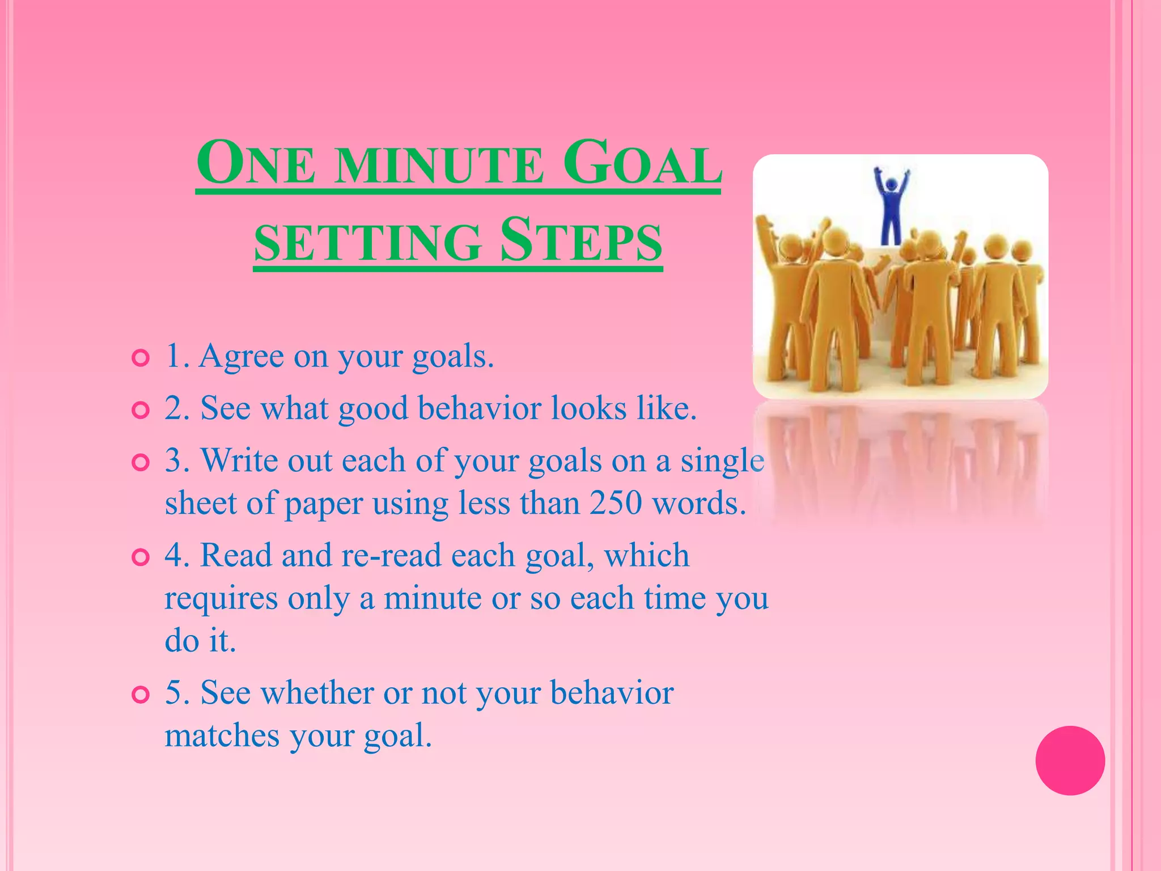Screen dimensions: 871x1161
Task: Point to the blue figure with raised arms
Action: click(891, 204)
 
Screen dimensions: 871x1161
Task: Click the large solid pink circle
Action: click(1070, 760)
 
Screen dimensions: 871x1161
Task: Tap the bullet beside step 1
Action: click(140, 358)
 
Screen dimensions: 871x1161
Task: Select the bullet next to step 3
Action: click(140, 462)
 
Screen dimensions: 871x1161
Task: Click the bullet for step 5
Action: click(140, 695)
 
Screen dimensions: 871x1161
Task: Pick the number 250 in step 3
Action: click(616, 503)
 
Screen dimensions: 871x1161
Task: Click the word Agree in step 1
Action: click(241, 357)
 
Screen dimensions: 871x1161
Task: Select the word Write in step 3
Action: click(239, 460)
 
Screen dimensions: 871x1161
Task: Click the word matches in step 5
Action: click(222, 736)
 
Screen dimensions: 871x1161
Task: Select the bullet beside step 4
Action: click(140, 557)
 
